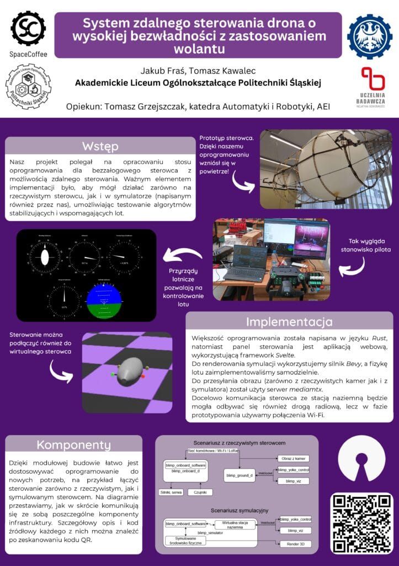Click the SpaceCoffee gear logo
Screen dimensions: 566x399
click(x=28, y=28)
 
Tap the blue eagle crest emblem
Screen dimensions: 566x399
click(x=369, y=37)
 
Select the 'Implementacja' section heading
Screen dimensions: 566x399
click(x=289, y=321)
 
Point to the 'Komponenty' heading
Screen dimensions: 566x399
click(x=73, y=444)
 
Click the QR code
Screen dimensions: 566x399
click(x=362, y=522)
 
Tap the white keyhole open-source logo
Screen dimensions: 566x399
click(x=361, y=460)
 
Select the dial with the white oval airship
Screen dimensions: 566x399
click(x=45, y=255)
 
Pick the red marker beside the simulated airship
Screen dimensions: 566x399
click(x=143, y=377)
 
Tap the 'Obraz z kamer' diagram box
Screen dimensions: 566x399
click(x=292, y=459)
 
